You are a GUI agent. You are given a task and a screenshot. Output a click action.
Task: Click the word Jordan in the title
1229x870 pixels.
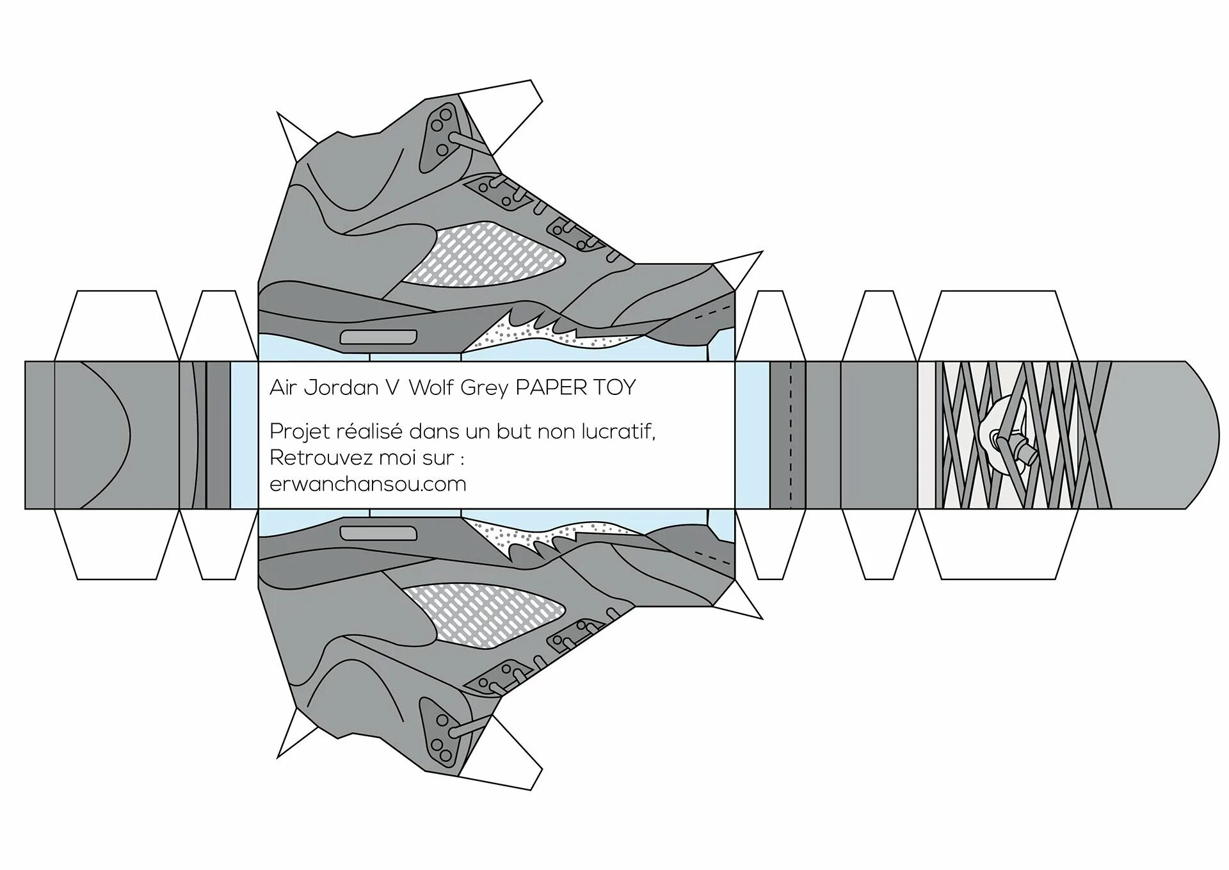(x=341, y=387)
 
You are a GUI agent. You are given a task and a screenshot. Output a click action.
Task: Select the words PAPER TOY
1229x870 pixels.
(x=575, y=387)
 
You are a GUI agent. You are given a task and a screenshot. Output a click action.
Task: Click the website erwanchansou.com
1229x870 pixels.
(x=367, y=484)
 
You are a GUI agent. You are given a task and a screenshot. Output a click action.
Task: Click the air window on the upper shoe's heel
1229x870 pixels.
(x=378, y=337)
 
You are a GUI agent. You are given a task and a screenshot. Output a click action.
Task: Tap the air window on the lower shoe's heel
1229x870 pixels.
(x=378, y=533)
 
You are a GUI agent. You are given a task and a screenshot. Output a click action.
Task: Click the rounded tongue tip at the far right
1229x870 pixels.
(x=1191, y=435)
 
